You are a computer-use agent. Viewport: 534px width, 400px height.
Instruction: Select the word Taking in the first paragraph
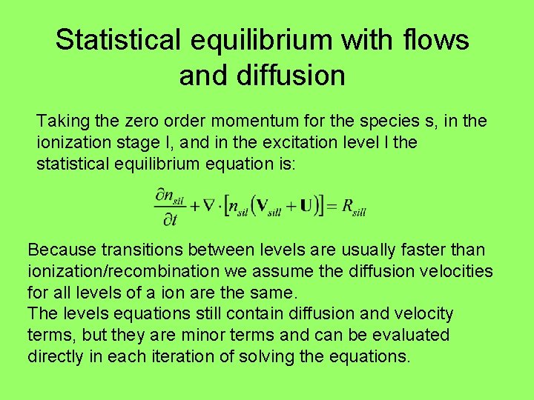60,121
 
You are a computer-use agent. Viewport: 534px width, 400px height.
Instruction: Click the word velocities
458,271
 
